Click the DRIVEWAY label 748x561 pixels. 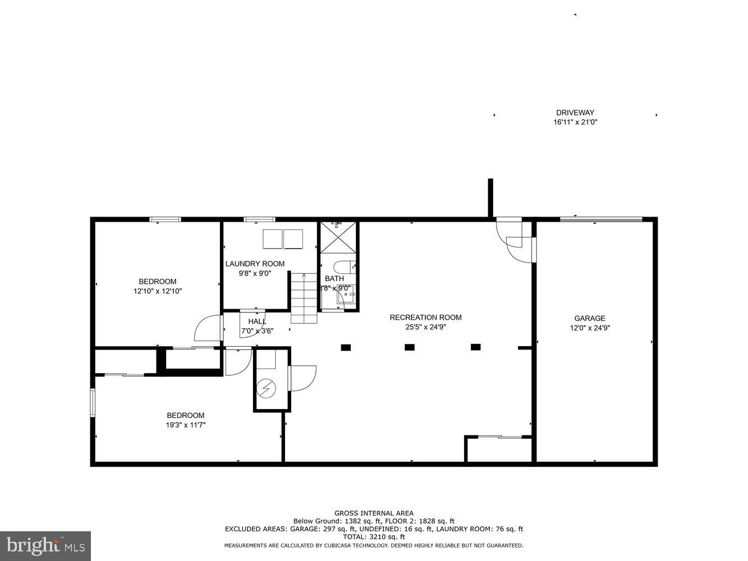coord(575,112)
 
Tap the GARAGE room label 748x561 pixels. coord(589,318)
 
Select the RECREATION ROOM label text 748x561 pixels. coord(425,318)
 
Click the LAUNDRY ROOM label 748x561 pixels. coord(255,264)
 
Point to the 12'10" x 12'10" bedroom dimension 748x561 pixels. coord(157,291)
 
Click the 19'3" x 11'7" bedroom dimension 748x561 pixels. coord(185,425)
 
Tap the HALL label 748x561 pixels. coord(257,321)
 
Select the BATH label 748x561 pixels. coord(334,278)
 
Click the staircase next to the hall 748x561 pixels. coord(304,298)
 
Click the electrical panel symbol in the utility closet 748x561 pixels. coord(266,387)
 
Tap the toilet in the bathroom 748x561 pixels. coord(342,266)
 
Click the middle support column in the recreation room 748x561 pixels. coord(410,347)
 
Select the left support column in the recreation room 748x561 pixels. coord(346,347)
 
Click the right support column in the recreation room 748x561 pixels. coord(476,347)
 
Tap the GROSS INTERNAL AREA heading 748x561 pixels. coord(374,513)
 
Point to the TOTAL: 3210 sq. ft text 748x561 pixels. coord(374,537)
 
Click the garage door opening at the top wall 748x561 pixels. coord(601,219)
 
